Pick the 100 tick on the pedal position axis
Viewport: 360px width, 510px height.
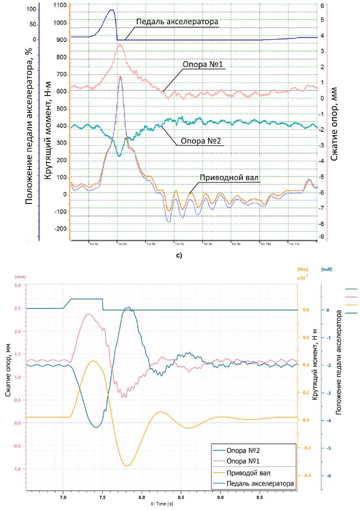tap(31, 8)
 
